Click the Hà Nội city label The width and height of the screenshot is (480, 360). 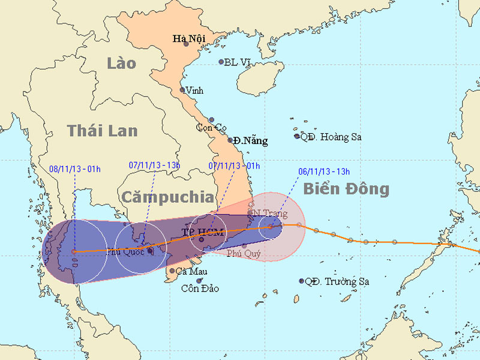point(186,39)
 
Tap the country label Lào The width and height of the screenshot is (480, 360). point(122,63)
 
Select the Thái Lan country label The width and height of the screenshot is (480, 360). point(102,131)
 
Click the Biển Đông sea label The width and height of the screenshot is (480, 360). point(346,189)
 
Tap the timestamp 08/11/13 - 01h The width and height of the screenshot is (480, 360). point(74,169)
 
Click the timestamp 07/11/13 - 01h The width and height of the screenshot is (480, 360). point(234,166)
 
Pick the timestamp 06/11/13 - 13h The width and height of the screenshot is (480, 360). point(324,170)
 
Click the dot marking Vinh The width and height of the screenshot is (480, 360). point(183,90)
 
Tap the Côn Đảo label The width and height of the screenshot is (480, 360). point(200,289)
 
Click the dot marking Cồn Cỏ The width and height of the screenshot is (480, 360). point(211,120)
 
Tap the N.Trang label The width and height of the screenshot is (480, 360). point(270,214)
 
